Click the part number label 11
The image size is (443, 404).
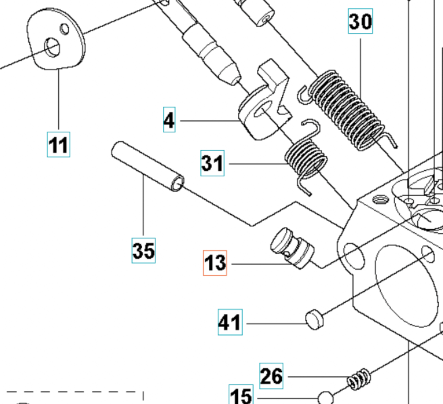tap(59, 145)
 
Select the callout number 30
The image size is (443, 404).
tap(360, 21)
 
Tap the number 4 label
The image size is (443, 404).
tap(169, 120)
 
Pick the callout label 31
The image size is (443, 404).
tap(212, 163)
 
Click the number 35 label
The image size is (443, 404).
tap(143, 250)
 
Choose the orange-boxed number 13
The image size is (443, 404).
tap(215, 263)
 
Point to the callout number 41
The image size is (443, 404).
tap(230, 322)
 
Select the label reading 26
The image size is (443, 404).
tap(271, 376)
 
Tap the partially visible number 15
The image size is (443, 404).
tap(241, 395)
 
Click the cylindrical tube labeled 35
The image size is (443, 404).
tap(147, 166)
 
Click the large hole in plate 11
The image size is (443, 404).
tap(52, 47)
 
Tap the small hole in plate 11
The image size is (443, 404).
tap(65, 29)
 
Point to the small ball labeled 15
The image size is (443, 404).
tap(325, 398)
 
